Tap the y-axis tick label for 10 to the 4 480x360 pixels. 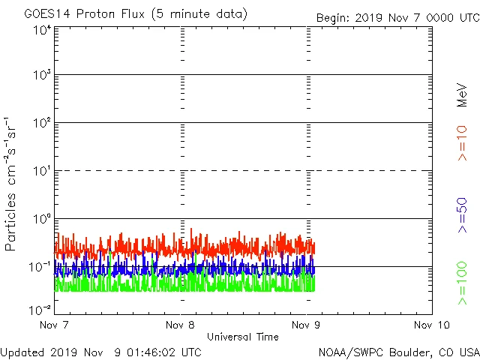coord(42,31)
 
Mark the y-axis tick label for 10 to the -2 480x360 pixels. coord(40,309)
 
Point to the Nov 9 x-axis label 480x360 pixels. coord(306,325)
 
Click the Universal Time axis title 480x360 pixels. coord(242,337)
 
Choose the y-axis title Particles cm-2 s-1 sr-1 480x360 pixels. coord(11,183)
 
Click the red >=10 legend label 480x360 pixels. coord(462,142)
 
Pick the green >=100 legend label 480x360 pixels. coord(462,283)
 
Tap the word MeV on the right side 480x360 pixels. coord(462,96)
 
